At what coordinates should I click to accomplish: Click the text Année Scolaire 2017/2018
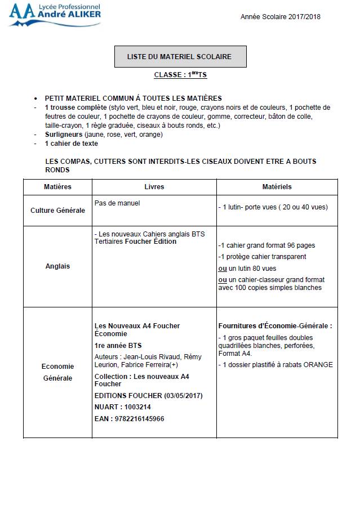[280, 17]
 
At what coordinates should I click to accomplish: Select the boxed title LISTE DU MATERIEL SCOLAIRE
[179, 57]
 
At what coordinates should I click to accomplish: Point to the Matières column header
[57, 187]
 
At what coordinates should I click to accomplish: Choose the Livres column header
[154, 187]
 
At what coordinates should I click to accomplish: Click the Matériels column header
[277, 187]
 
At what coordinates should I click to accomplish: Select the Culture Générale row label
[57, 210]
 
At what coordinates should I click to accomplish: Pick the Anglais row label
[57, 266]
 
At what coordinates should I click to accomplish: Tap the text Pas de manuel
[117, 203]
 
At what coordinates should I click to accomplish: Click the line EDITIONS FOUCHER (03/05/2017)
[148, 396]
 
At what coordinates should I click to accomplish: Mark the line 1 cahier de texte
[71, 144]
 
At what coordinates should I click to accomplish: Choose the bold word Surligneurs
[64, 135]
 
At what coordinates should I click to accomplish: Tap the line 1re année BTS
[118, 345]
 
